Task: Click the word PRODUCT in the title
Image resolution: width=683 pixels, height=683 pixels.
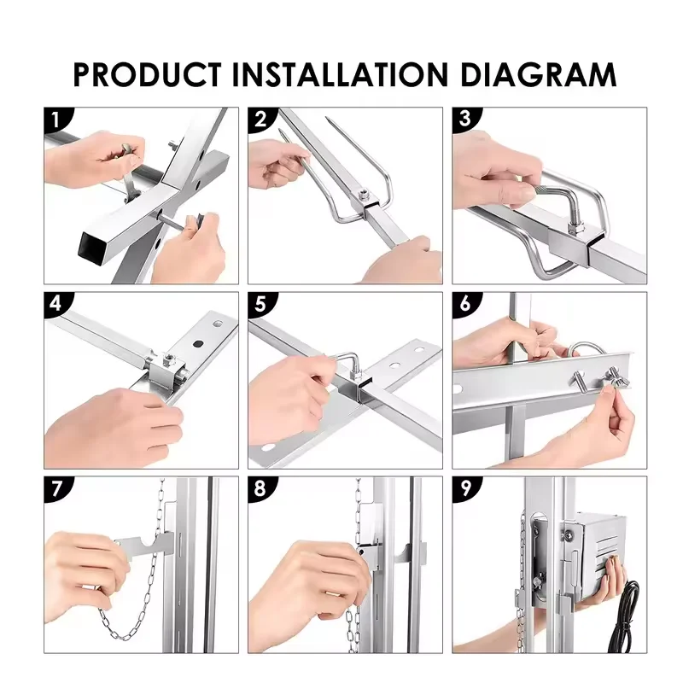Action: (147, 74)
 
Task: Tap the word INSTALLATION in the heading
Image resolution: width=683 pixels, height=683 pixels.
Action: (340, 74)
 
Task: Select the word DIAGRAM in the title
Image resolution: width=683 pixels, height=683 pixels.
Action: (538, 74)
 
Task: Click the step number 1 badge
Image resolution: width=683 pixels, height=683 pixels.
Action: (55, 119)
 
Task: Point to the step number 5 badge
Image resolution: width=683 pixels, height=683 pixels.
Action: (260, 304)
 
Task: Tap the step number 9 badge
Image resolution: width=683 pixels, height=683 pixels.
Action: (464, 488)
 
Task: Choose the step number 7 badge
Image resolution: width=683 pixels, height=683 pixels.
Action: (56, 488)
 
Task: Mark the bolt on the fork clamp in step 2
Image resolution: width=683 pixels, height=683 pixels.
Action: (363, 195)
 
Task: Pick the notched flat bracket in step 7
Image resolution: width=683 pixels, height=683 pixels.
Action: (143, 545)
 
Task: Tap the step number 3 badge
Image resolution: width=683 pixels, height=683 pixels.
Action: (464, 119)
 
